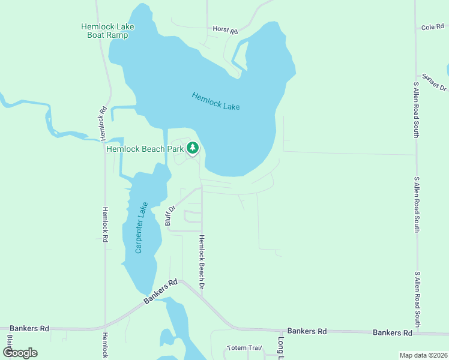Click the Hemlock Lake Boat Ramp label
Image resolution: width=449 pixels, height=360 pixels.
[x=108, y=31]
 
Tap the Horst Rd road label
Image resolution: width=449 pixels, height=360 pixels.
[x=225, y=29]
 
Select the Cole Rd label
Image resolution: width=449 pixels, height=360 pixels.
[x=432, y=27]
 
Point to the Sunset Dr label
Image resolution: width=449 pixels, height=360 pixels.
[x=434, y=82]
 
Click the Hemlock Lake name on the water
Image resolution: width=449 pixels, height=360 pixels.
[x=215, y=101]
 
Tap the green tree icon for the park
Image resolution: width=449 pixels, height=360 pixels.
[x=193, y=148]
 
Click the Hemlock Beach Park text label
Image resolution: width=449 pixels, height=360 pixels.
[x=145, y=149]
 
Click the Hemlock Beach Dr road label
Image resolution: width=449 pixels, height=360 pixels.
[x=202, y=263]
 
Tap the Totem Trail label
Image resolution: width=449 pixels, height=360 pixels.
[x=245, y=348]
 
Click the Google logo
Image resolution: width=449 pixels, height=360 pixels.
[x=20, y=353]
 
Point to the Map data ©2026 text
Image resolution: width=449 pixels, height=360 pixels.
[x=423, y=355]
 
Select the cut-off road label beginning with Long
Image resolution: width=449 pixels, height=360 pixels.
[x=280, y=347]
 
